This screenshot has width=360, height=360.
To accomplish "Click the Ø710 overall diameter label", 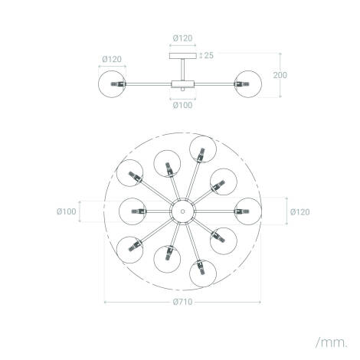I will click(x=182, y=302).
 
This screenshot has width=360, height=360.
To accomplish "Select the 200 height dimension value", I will click(x=282, y=75).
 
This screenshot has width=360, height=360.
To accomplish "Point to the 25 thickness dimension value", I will click(x=207, y=55).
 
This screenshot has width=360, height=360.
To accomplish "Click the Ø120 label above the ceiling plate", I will click(x=182, y=37).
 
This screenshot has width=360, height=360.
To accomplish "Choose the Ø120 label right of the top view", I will click(x=300, y=209).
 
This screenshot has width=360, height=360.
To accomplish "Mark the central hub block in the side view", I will click(x=182, y=81).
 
